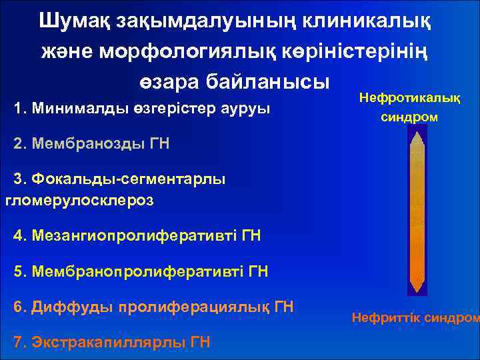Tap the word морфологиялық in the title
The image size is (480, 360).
tap(193, 51)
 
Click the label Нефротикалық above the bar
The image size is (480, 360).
tap(409, 98)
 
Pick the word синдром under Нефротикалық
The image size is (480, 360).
tap(409, 117)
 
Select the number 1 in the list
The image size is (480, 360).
tap(18, 108)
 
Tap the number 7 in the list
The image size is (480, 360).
tap(18, 343)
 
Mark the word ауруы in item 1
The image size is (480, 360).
tap(249, 108)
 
